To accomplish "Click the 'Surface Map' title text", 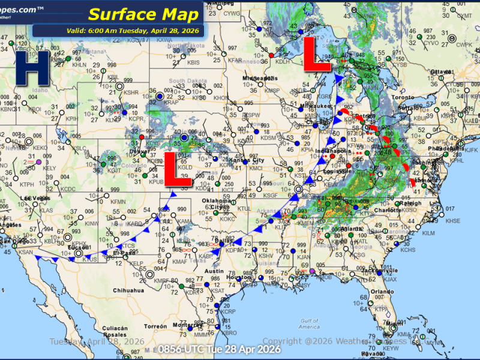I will click(143, 14).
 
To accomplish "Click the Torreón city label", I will click(155, 326).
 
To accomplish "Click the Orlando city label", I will click(377, 292).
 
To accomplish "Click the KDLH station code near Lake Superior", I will click(282, 61).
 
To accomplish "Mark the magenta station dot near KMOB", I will click(311, 271).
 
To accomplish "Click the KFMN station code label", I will click(118, 202).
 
